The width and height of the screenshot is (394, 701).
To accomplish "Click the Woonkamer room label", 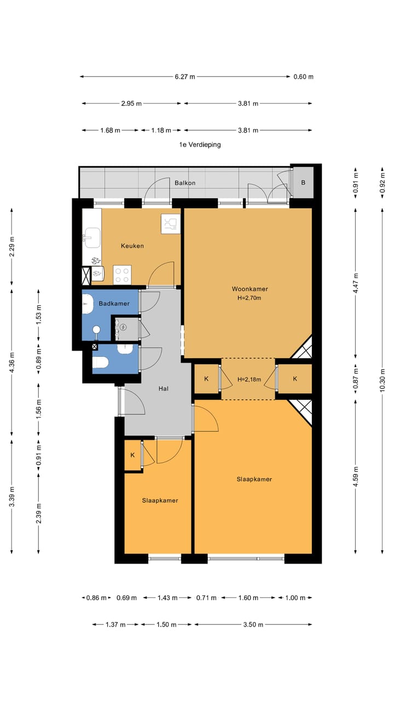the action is coord(250,289).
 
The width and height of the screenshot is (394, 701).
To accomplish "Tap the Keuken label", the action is coord(132,246).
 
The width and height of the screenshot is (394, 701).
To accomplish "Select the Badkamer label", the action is coord(114,303).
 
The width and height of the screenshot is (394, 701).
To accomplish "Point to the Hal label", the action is coord(163,389).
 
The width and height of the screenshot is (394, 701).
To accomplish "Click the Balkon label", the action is coord(185,183).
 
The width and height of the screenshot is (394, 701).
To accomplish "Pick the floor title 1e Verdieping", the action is coord(200,145).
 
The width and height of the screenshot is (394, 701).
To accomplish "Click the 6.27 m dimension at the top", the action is coord(185,77).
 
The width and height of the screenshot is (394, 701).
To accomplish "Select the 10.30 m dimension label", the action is coord(382,380).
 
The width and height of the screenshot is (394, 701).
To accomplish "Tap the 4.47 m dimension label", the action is coord(356,283).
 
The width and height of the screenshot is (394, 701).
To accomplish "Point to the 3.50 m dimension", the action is coord(253,625).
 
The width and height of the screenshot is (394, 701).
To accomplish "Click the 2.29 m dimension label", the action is coord(12,246).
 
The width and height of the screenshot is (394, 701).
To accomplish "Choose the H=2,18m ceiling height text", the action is coord(249,380).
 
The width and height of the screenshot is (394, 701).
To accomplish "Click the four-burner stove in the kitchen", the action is coord(122,275).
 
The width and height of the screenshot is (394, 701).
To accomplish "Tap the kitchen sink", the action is coord(91,238).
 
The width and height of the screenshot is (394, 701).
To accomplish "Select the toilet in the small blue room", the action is coord(100,363).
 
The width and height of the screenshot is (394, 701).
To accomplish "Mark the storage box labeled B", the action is coord(303,182).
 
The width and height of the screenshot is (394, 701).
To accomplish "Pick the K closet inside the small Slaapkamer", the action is coord(132,455).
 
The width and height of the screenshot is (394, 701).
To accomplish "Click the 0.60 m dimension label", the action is coord(303,77).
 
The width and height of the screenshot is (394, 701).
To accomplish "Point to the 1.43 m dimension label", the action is coord(167,598).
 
